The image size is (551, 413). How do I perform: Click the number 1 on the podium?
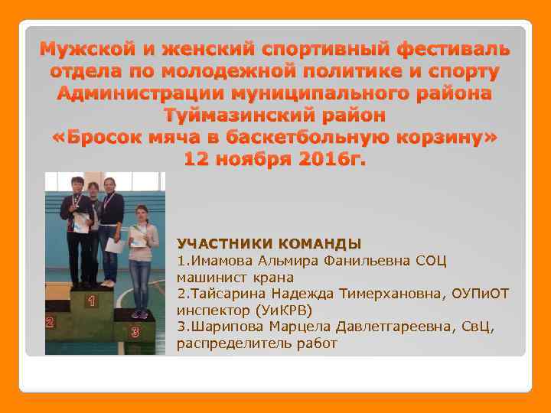(x=92, y=301)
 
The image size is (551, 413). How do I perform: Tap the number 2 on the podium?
(x=50, y=322)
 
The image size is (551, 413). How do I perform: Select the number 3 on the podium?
(x=135, y=332)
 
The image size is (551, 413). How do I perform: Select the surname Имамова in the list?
(x=220, y=261)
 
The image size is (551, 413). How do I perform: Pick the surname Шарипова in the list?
(x=226, y=327)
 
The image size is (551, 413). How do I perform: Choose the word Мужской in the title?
(x=87, y=50)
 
